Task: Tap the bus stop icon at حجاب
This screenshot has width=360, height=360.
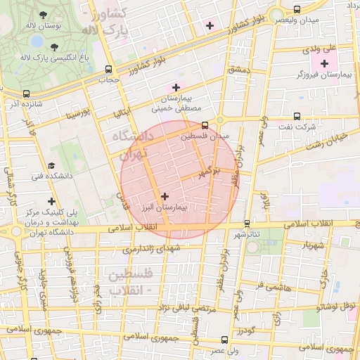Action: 108,70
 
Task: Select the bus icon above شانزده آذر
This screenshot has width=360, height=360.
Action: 27,94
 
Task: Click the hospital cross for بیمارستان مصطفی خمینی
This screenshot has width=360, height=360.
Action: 176,87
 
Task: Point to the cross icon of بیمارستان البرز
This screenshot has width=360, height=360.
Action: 165,197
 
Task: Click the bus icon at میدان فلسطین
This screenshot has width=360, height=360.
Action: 205,125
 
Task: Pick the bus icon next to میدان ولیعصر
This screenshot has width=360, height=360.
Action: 297,10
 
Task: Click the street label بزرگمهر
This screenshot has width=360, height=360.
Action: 209,171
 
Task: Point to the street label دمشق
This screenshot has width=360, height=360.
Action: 239,70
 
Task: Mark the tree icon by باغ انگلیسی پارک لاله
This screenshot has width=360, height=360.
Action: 55,46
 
